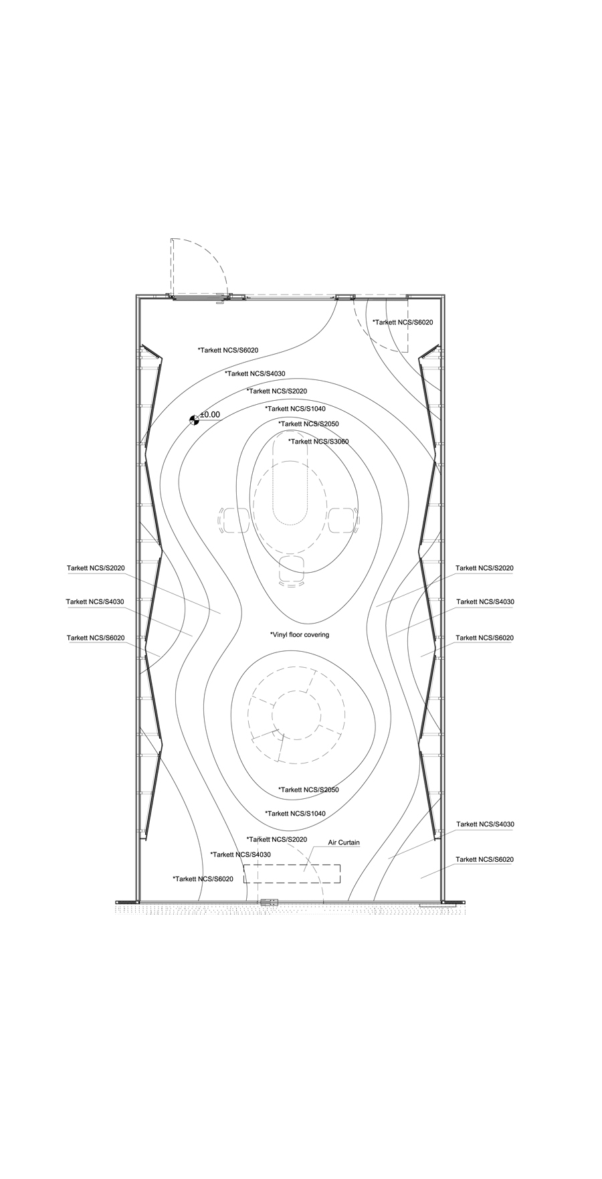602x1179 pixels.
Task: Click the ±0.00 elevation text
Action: coord(210,415)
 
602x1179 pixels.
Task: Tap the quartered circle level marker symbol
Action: coord(194,420)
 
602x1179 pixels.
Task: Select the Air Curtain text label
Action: coord(344,842)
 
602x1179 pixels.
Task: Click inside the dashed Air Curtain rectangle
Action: coord(292,874)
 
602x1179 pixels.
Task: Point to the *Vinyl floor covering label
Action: coord(300,634)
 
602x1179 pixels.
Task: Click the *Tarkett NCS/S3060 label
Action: coord(318,442)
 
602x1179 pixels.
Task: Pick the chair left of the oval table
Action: coord(234,521)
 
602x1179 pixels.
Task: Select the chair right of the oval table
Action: coord(342,521)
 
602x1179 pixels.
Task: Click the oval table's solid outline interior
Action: coord(290,478)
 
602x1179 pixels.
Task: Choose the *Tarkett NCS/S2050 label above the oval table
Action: coord(308,424)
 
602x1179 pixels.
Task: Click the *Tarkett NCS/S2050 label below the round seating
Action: coord(308,790)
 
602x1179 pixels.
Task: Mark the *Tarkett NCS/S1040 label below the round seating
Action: coord(295,814)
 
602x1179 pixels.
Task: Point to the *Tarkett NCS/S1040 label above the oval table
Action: coord(295,408)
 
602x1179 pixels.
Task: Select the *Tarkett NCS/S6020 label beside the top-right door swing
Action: coord(403,323)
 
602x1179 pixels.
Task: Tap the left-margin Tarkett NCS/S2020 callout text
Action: coord(96,568)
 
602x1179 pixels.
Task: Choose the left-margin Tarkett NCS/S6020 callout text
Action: coord(96,638)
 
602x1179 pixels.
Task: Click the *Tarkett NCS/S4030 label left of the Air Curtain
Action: coord(240,854)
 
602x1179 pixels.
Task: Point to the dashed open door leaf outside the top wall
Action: coord(172,267)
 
